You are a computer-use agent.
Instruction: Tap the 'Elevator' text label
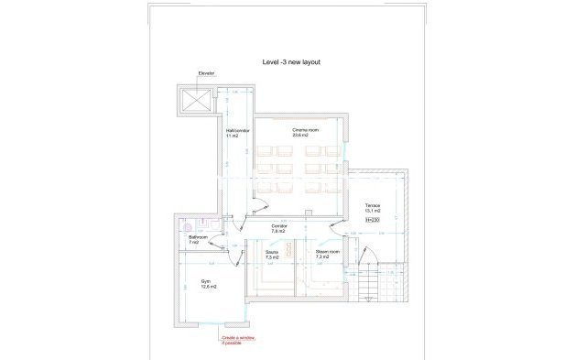click(x=207, y=74)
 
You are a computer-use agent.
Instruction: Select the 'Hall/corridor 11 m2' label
click(x=237, y=133)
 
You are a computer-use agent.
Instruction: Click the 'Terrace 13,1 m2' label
click(x=372, y=207)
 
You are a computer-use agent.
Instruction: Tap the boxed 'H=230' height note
click(x=372, y=221)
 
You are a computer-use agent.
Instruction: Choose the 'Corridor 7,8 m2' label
click(x=280, y=228)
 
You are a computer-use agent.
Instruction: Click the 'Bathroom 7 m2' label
click(x=199, y=240)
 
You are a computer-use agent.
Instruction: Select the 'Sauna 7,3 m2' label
click(x=272, y=254)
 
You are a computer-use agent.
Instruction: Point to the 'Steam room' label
click(x=328, y=254)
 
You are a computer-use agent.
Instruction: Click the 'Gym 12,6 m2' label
click(x=207, y=284)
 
